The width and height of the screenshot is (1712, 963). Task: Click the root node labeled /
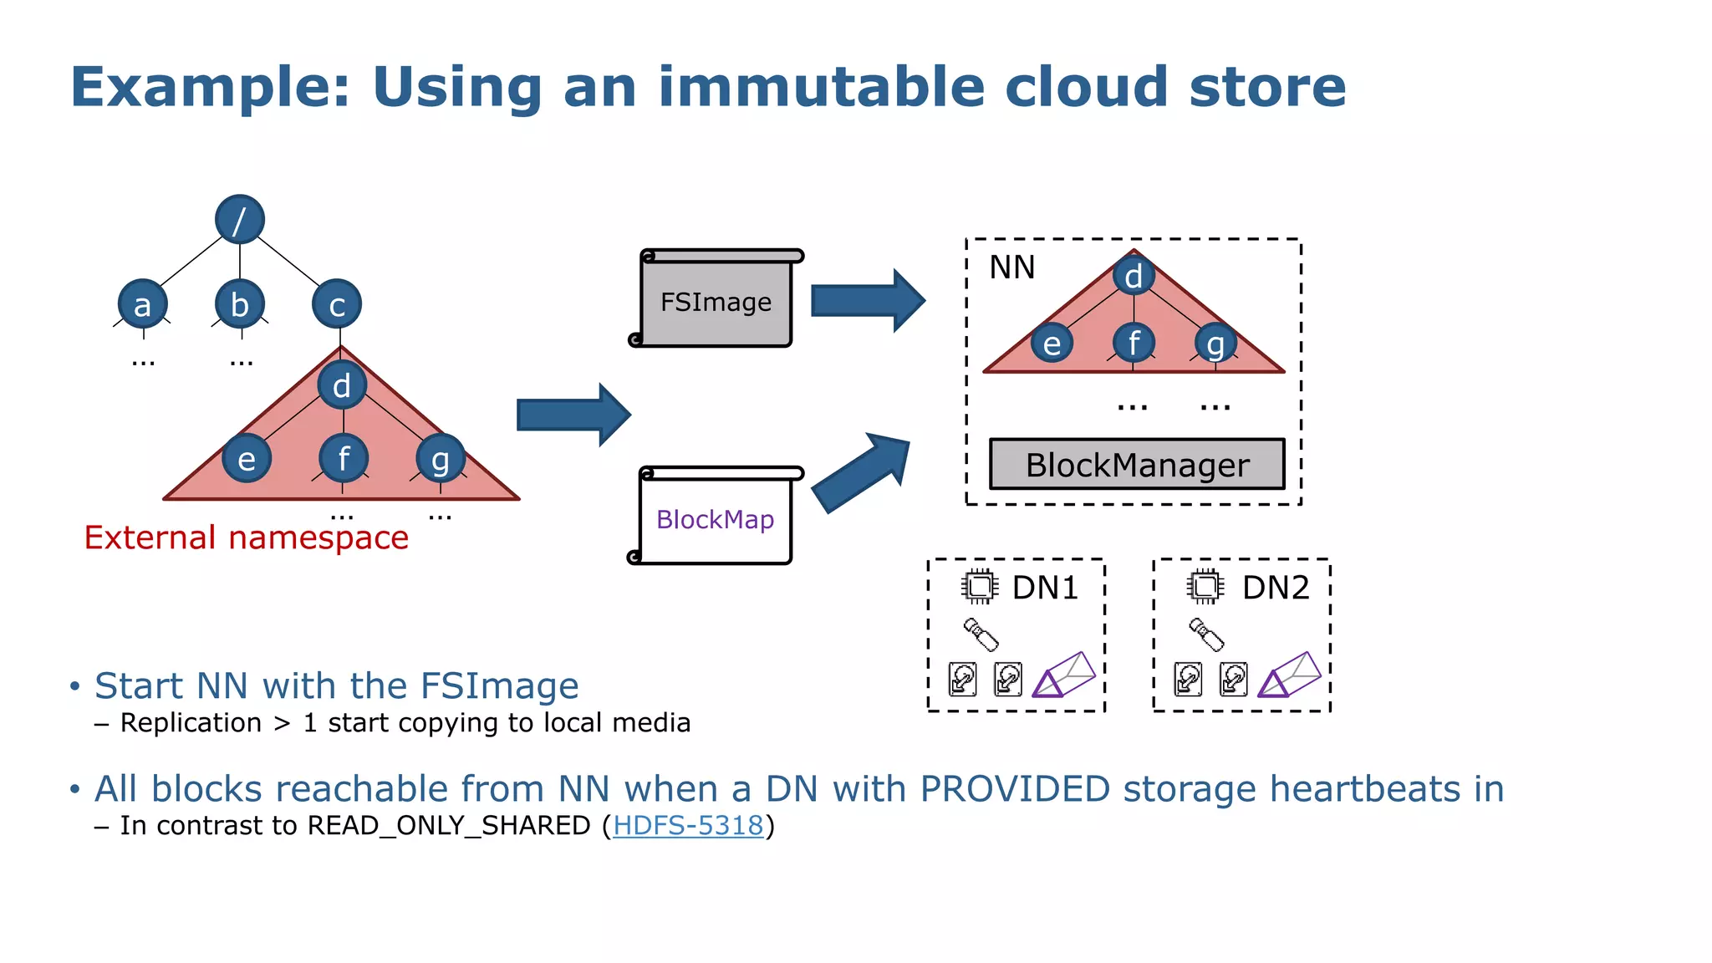point(240,220)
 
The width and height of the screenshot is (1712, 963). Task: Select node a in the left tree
point(143,304)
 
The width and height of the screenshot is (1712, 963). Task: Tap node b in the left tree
point(240,304)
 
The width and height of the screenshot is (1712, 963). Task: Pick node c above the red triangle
point(337,304)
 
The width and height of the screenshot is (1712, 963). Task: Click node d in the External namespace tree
point(342,385)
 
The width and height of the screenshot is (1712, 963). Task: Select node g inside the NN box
point(1215,344)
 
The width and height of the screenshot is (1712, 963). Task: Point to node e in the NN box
point(1052,344)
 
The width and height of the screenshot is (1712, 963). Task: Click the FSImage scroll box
point(716,302)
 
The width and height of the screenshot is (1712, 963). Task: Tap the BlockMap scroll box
point(716,519)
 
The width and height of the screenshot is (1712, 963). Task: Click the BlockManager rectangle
point(1137,465)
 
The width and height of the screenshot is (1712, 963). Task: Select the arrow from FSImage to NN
point(867,301)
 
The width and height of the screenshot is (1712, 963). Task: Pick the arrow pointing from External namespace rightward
point(573,415)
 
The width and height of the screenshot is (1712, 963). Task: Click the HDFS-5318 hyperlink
point(688,826)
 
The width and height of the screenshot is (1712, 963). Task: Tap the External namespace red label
point(247,538)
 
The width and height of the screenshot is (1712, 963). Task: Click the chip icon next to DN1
point(979,587)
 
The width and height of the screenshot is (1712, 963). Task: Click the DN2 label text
point(1275,588)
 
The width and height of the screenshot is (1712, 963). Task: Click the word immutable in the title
point(822,87)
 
